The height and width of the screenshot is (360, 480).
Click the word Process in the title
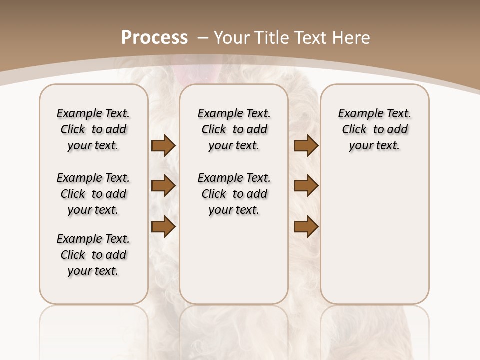click(x=154, y=37)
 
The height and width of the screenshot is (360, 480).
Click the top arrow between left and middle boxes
click(x=163, y=146)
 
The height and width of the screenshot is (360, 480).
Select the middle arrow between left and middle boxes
click(x=163, y=186)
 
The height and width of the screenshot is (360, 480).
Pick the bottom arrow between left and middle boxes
click(x=163, y=227)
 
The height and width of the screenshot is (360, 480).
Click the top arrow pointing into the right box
click(x=306, y=146)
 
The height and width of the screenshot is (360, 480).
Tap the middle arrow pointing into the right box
click(x=306, y=186)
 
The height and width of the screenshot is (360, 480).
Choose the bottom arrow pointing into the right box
click(x=306, y=227)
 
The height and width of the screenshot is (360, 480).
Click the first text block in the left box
click(x=93, y=129)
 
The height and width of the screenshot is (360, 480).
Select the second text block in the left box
click(x=93, y=194)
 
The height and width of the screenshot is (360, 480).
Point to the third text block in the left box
click(x=93, y=255)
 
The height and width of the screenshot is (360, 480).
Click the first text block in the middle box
click(x=234, y=129)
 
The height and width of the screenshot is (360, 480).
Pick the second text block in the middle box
click(x=234, y=194)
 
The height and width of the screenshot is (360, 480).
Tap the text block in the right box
click(x=375, y=129)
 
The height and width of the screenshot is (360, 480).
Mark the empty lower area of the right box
click(x=375, y=240)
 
